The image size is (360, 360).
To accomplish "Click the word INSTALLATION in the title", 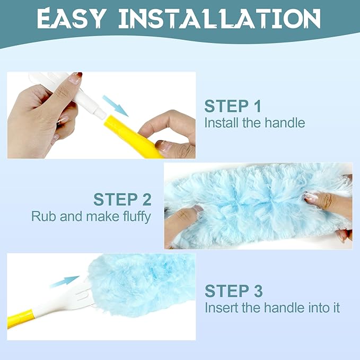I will click(219, 18).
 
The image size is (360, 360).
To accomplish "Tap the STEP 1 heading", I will click(232, 106).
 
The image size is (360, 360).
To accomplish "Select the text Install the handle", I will click(254, 123).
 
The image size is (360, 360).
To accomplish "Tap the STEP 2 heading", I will click(122, 199).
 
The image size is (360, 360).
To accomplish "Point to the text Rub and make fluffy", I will click(91, 216).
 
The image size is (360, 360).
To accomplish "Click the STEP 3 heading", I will click(234, 291).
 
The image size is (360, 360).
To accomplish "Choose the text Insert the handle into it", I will click(272, 308).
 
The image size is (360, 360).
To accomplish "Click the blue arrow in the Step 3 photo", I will click(65, 282).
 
